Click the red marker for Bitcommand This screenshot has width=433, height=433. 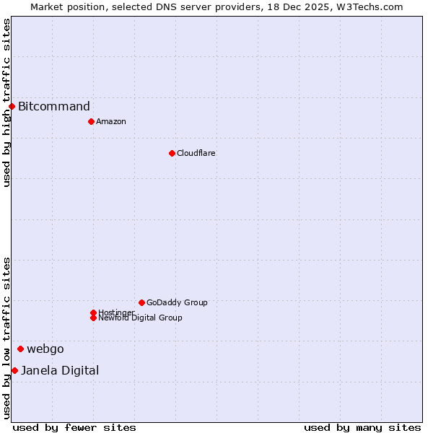pyautogui.click(x=12, y=107)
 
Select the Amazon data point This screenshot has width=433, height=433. pyautogui.click(x=91, y=121)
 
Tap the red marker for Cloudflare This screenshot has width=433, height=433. pyautogui.click(x=172, y=153)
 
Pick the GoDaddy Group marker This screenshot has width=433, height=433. pyautogui.click(x=141, y=302)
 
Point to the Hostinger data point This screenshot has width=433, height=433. pyautogui.click(x=93, y=312)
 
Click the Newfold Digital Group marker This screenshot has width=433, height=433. pyautogui.click(x=93, y=318)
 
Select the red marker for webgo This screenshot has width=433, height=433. pyautogui.click(x=20, y=349)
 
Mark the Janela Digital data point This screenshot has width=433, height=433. pyautogui.click(x=14, y=370)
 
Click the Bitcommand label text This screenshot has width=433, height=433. pyautogui.click(x=54, y=107)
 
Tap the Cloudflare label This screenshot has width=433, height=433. pyautogui.click(x=196, y=154)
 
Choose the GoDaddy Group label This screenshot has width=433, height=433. pyautogui.click(x=177, y=303)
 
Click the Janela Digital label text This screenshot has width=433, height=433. pyautogui.click(x=60, y=371)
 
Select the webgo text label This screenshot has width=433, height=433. pyautogui.click(x=45, y=349)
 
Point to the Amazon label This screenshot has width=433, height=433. pyautogui.click(x=111, y=122)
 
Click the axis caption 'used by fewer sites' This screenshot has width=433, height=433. pyautogui.click(x=74, y=427)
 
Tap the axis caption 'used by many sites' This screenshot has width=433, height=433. pyautogui.click(x=362, y=427)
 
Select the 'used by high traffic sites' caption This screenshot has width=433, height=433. pyautogui.click(x=6, y=102)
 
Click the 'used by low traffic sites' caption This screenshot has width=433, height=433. pyautogui.click(x=6, y=338)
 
